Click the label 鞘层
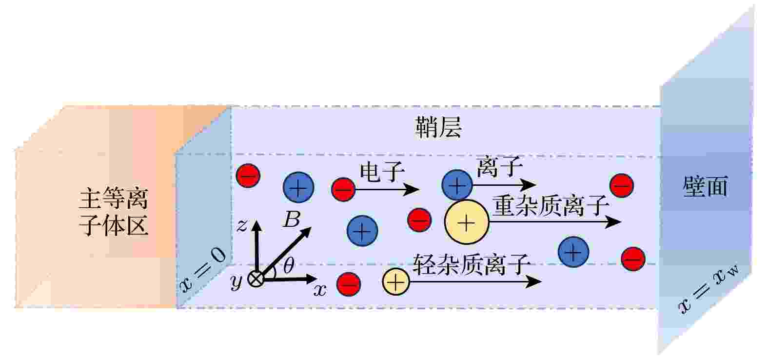click(x=438, y=127)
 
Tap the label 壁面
click(x=705, y=187)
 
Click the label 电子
click(x=382, y=172)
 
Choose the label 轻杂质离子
click(x=472, y=264)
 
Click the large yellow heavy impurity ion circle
click(x=466, y=222)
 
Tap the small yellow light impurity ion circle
click(x=396, y=282)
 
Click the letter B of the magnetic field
click(x=292, y=220)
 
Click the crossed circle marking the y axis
click(x=256, y=280)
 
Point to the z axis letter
click(x=242, y=225)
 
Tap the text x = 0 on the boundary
click(x=203, y=271)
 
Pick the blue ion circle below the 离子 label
click(x=457, y=185)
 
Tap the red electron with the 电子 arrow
click(x=343, y=189)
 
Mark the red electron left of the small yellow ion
click(x=349, y=284)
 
